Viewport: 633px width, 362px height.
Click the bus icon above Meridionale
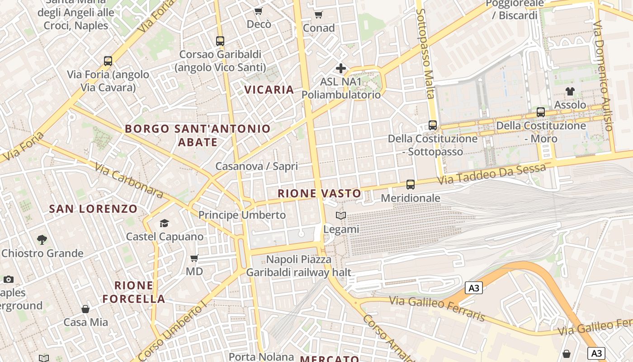pos(411,185)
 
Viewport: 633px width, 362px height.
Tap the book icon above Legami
pos(341,216)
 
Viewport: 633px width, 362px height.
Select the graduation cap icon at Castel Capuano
pos(164,223)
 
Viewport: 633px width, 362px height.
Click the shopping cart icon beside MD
pos(194,258)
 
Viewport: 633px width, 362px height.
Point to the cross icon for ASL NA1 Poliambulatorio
pos(341,69)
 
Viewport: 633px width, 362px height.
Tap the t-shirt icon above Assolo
pos(570,91)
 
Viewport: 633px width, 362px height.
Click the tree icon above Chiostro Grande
pos(42,239)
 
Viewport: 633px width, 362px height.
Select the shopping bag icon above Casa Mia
pos(85,309)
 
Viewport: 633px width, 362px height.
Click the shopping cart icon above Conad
pos(319,15)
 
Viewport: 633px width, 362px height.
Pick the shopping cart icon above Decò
pos(259,11)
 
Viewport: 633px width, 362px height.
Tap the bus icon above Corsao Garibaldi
pos(220,41)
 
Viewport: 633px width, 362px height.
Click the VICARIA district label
pos(269,90)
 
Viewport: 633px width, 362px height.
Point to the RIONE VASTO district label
pos(319,194)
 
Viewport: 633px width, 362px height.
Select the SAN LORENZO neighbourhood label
pos(93,209)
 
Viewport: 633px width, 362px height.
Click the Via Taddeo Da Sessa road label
pos(492,175)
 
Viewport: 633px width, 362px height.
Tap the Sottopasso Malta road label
pos(426,53)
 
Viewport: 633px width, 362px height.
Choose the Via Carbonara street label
pos(129,180)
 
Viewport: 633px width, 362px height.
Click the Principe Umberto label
pos(242,215)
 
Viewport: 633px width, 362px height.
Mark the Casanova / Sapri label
pos(256,166)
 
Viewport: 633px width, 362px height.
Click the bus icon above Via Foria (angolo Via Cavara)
pos(108,61)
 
